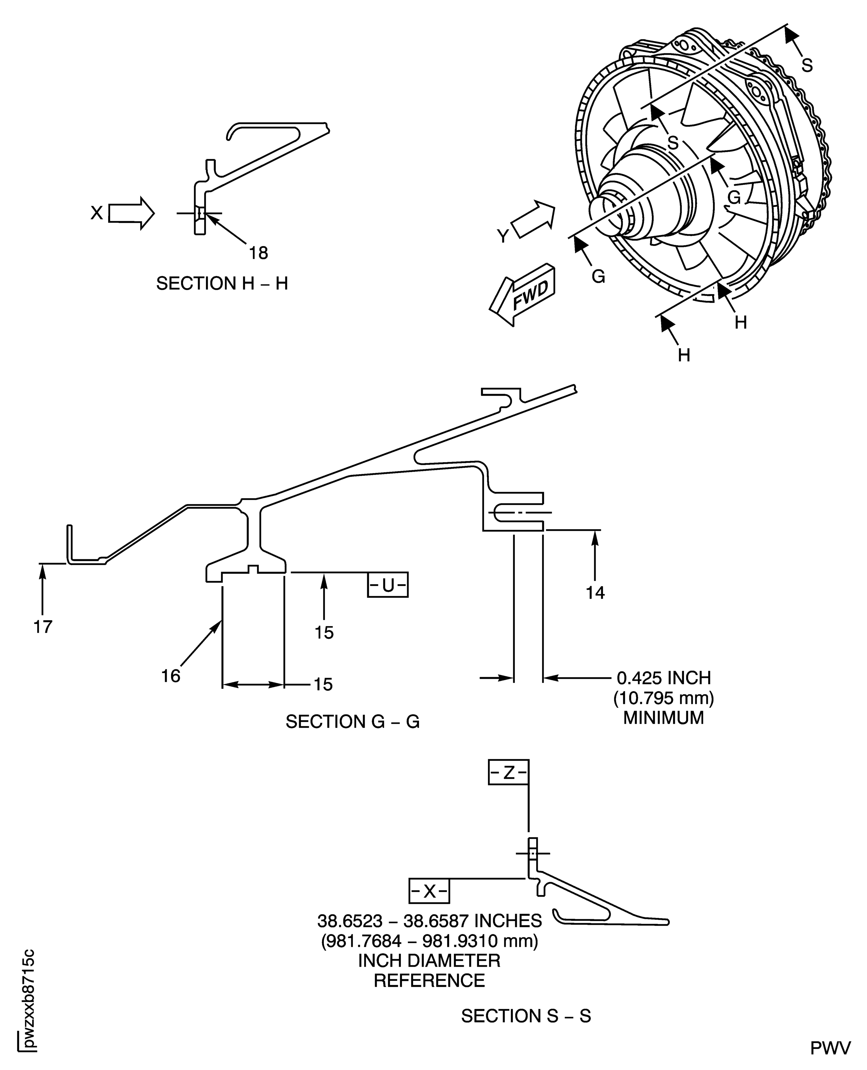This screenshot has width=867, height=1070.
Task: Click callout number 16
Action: (x=170, y=676)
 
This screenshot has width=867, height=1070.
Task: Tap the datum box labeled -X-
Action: (x=429, y=891)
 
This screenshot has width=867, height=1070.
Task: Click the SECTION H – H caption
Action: (x=222, y=284)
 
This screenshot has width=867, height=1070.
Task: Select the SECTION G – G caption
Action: (x=352, y=722)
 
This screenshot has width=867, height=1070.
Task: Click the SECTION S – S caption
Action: (x=526, y=1016)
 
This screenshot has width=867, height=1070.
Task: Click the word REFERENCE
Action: (x=429, y=980)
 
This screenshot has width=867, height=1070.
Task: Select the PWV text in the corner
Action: (x=830, y=1048)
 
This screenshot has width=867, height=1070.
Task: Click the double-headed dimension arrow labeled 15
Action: (x=253, y=685)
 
